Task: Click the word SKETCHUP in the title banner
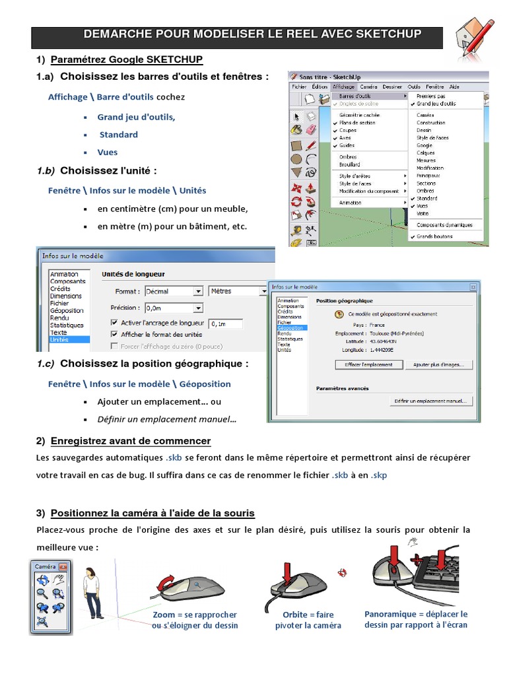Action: (x=386, y=34)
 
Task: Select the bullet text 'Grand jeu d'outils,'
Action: (x=136, y=117)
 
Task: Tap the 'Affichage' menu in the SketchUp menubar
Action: (x=343, y=86)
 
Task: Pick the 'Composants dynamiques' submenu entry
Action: (x=444, y=224)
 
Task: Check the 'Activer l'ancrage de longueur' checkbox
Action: (x=114, y=323)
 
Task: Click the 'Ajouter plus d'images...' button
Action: (x=438, y=364)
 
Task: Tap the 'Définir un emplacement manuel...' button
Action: (x=430, y=401)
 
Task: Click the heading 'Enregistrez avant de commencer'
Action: (x=131, y=440)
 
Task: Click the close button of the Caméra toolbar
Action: (x=63, y=566)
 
